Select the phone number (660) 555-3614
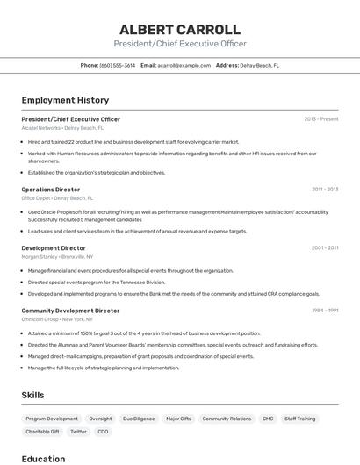pyautogui.click(x=118, y=65)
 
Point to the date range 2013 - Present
pyautogui.click(x=321, y=118)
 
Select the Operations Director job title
pyautogui.click(x=51, y=189)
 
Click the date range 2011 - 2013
pyautogui.click(x=325, y=189)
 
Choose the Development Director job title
pyautogui.click(x=54, y=248)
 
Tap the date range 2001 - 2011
pyautogui.click(x=325, y=248)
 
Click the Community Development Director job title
pyautogui.click(x=70, y=311)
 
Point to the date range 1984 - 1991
pyautogui.click(x=325, y=311)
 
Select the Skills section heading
pyautogui.click(x=32, y=396)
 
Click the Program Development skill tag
pyautogui.click(x=52, y=419)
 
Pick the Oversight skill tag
pyautogui.click(x=100, y=419)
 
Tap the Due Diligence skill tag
pyautogui.click(x=139, y=419)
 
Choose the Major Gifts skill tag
pyautogui.click(x=178, y=419)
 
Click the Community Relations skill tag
pyautogui.click(x=227, y=419)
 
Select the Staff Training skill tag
pyautogui.click(x=300, y=419)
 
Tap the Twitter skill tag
pyautogui.click(x=78, y=432)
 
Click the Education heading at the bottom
pyautogui.click(x=43, y=459)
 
